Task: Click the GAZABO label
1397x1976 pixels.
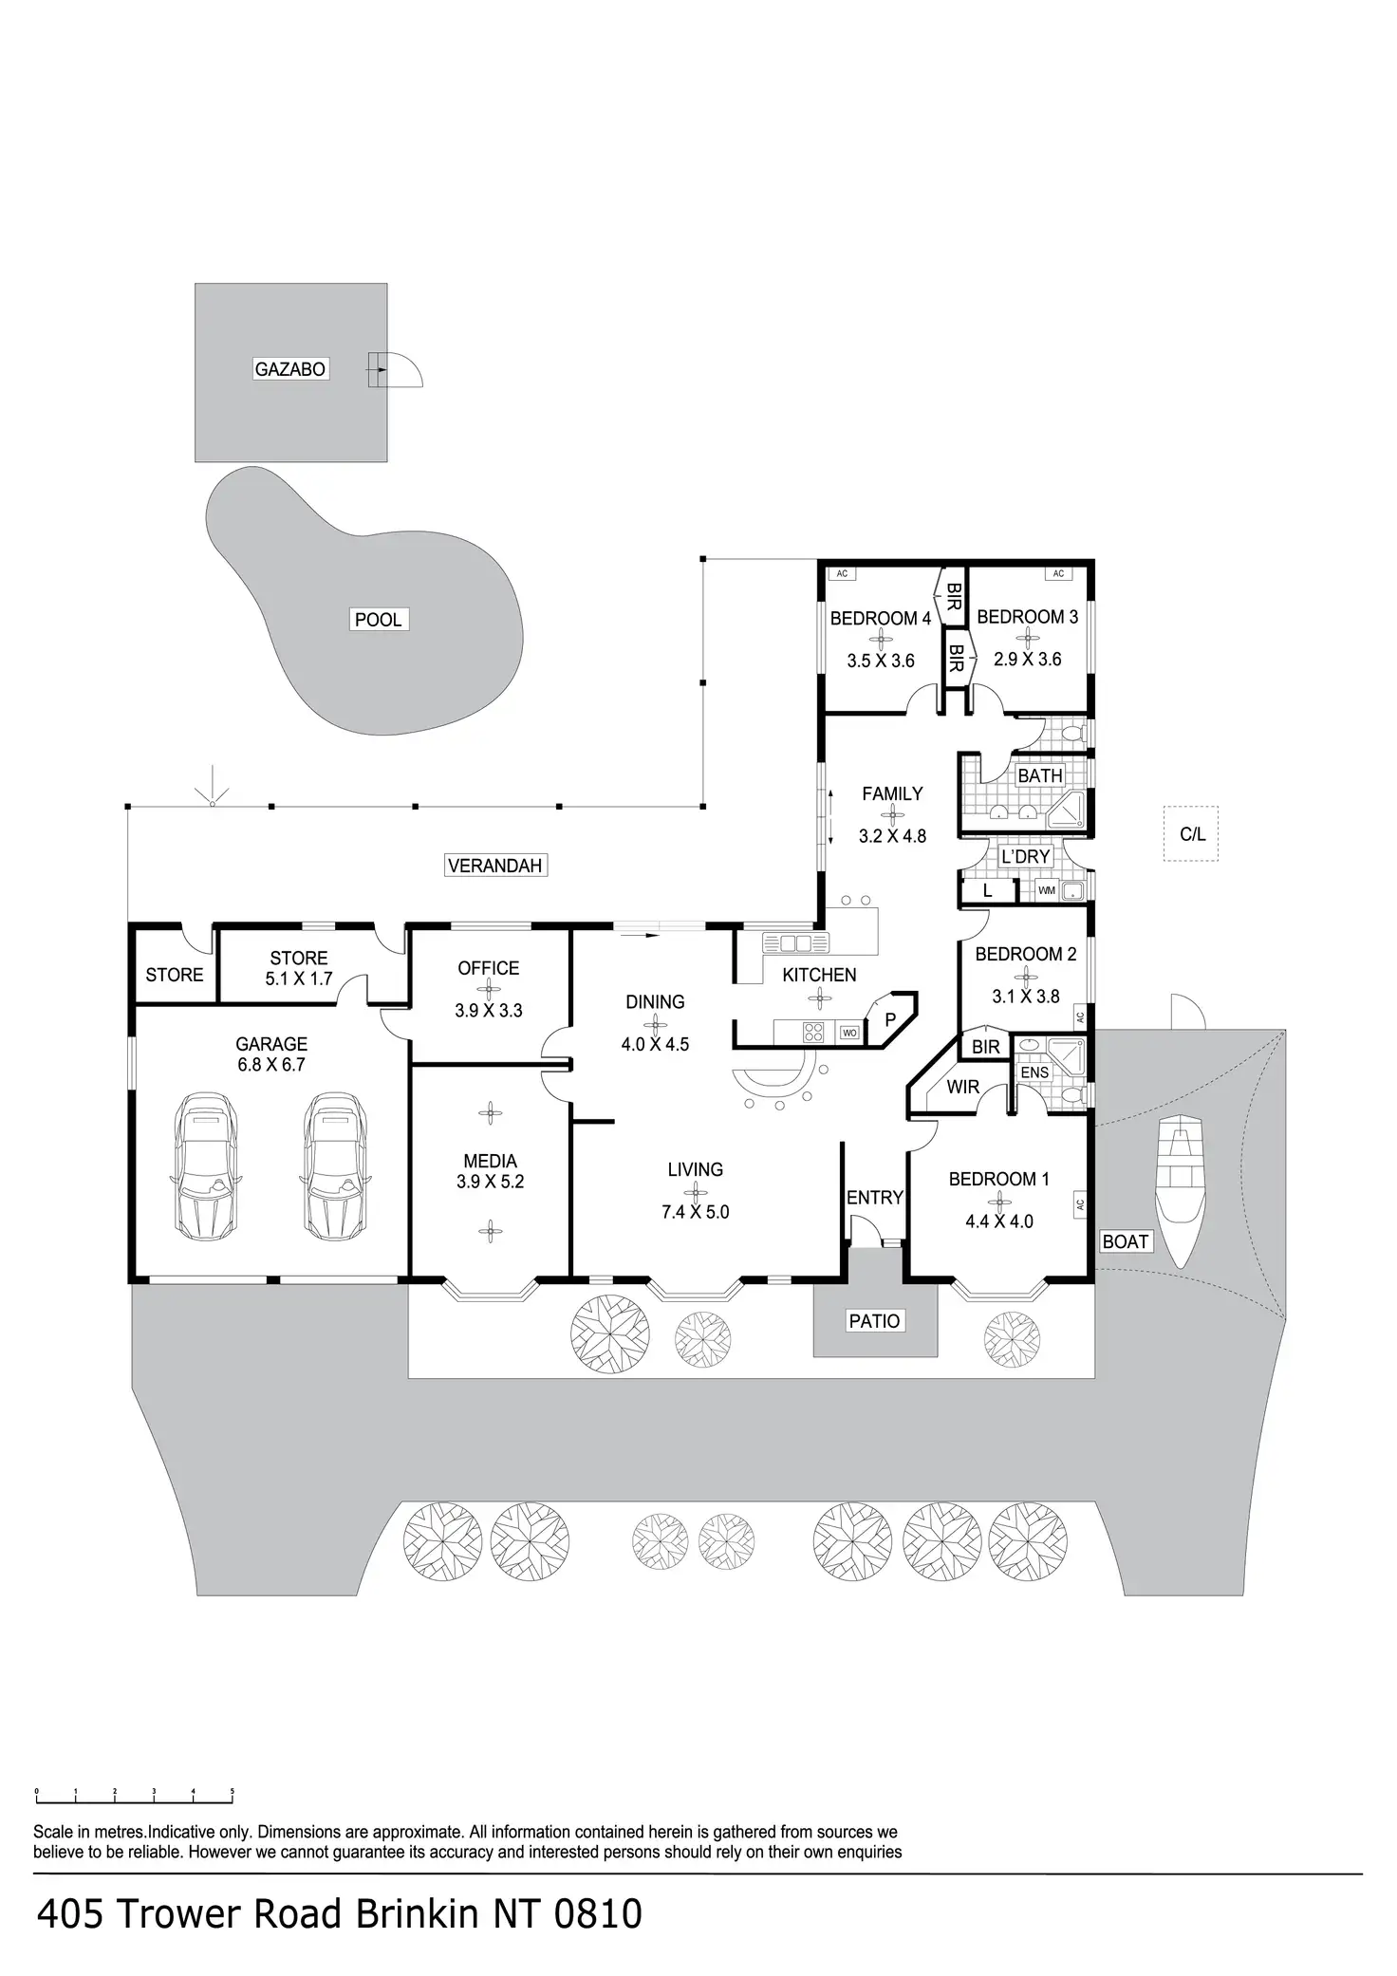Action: [x=290, y=369]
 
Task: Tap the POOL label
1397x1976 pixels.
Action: [x=378, y=620]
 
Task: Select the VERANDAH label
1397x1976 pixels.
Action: [x=494, y=866]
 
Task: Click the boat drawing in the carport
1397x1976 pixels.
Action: [x=1180, y=1191]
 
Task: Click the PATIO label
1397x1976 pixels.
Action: [x=874, y=1320]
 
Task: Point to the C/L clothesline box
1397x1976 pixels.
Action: [x=1191, y=834]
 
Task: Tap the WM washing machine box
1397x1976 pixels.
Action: [x=1046, y=890]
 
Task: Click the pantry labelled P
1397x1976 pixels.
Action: [x=890, y=1020]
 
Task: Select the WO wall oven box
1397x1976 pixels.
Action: [x=849, y=1033]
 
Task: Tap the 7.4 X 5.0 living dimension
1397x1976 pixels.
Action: [x=696, y=1212]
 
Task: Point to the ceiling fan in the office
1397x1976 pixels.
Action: [x=489, y=990]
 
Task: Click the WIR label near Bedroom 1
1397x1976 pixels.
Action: [x=962, y=1088]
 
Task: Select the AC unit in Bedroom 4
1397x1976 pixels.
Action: [x=841, y=573]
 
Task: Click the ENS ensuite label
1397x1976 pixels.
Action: [x=1034, y=1072]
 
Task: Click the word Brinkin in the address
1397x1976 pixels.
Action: [x=416, y=1914]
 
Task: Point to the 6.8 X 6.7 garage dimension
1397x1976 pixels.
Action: [x=271, y=1065]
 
